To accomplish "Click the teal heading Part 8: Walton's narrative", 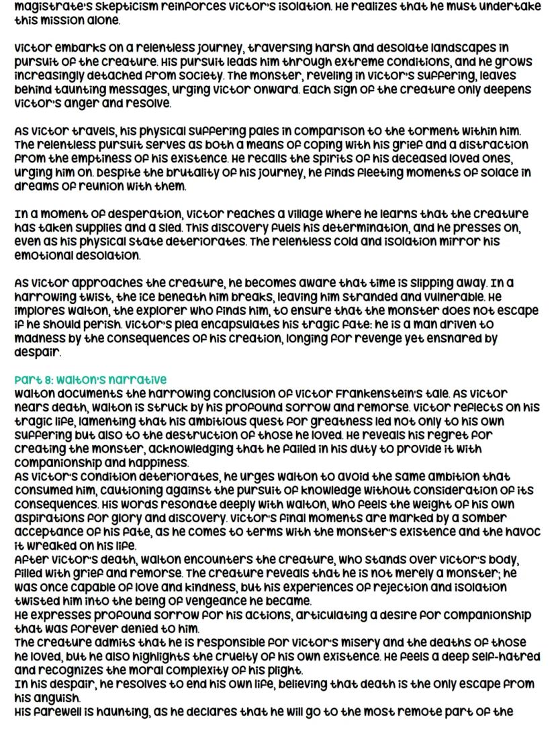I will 91,379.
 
